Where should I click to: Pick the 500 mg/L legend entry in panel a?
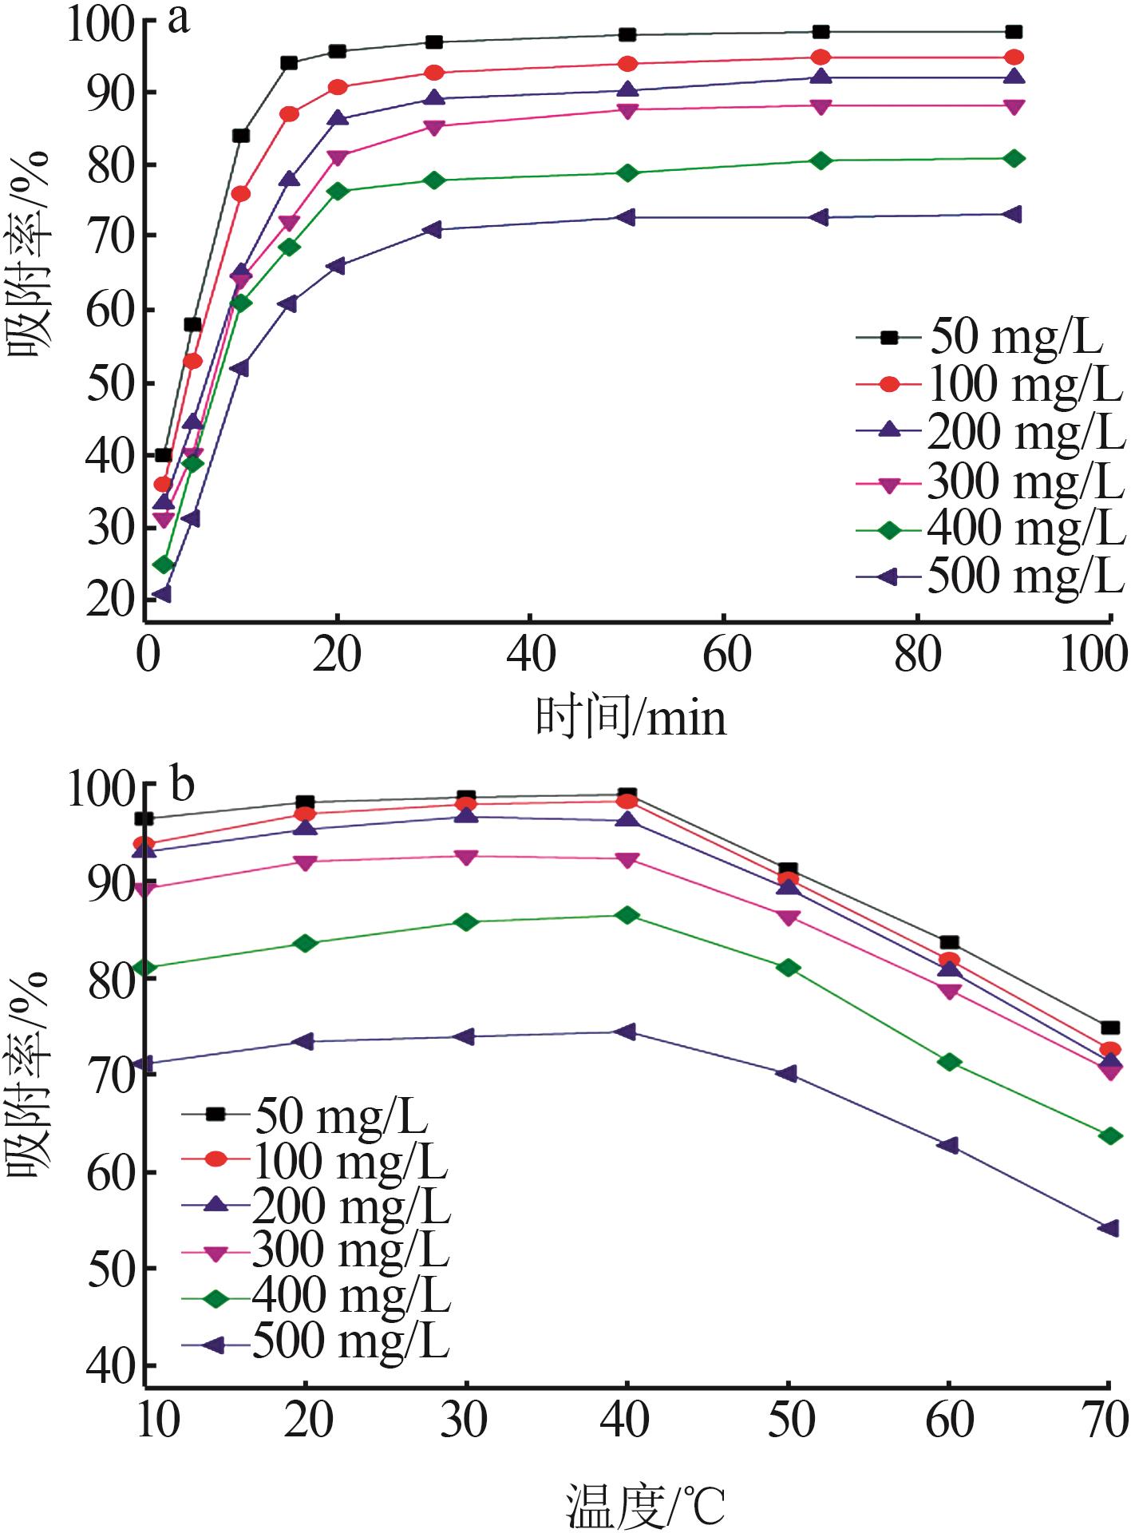click(x=990, y=576)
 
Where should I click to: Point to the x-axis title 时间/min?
click(x=631, y=717)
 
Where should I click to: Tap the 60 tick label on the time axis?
click(x=725, y=655)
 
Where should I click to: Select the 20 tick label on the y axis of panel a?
click(x=110, y=600)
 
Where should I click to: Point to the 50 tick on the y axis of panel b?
click(x=110, y=1270)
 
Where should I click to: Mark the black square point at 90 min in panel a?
click(x=1014, y=32)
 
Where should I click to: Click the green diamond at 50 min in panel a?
click(x=627, y=172)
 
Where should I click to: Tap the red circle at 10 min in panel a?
click(x=240, y=194)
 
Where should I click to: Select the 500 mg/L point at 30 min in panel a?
click(x=433, y=230)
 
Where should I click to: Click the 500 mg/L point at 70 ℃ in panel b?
click(x=1108, y=1228)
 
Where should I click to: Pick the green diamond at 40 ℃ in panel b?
click(x=627, y=915)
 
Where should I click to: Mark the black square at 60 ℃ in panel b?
click(x=949, y=943)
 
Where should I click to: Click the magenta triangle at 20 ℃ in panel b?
click(x=305, y=862)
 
